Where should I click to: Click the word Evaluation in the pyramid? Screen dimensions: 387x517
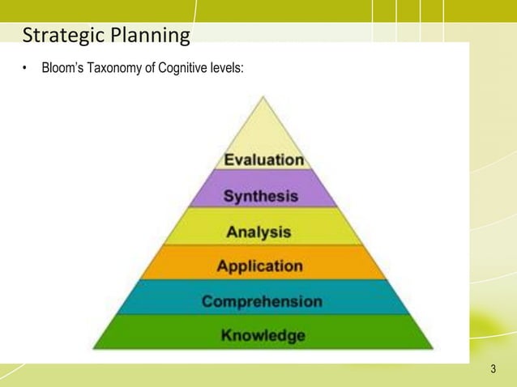(x=263, y=160)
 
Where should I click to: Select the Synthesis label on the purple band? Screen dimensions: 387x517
(x=260, y=196)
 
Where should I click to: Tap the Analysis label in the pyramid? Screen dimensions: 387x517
(x=258, y=232)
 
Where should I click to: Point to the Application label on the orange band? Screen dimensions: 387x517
(x=259, y=266)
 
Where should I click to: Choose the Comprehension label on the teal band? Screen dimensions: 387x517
(x=262, y=301)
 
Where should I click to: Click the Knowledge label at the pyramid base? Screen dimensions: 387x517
(x=263, y=335)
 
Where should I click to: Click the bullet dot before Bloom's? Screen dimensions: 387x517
(x=26, y=66)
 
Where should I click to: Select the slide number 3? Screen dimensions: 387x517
(x=493, y=371)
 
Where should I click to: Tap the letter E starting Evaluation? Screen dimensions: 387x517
(x=229, y=160)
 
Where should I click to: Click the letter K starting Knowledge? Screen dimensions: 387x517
(x=226, y=335)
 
